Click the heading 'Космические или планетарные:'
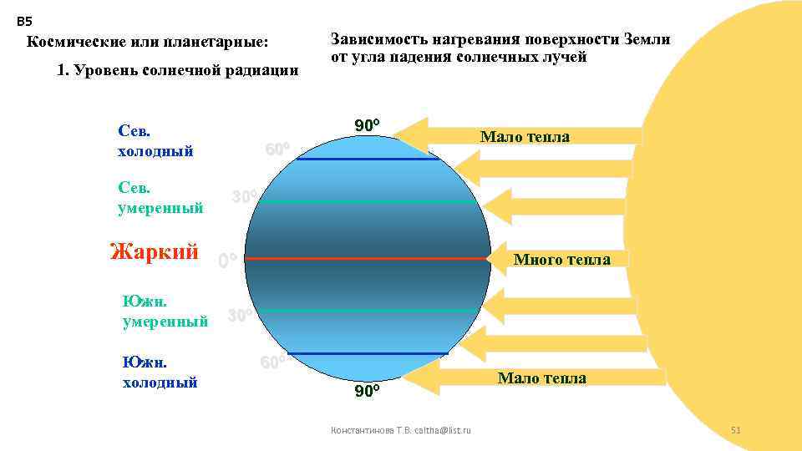coord(148,42)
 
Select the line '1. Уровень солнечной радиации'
coord(177,70)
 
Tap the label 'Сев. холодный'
coord(155,141)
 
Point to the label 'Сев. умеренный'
coord(160,197)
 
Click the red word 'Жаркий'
coord(155,251)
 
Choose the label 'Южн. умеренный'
coord(165,310)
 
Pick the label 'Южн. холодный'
coord(160,372)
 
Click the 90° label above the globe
coord(367,126)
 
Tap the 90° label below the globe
coord(367,392)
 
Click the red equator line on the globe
coord(368,259)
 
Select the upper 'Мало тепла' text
coord(525,137)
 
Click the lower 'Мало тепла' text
coord(542,378)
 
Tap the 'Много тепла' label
coord(561,260)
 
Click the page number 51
coord(736,429)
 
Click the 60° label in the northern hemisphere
coord(277,149)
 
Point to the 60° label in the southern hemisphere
coord(273,362)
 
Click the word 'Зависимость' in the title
coord(380,39)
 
